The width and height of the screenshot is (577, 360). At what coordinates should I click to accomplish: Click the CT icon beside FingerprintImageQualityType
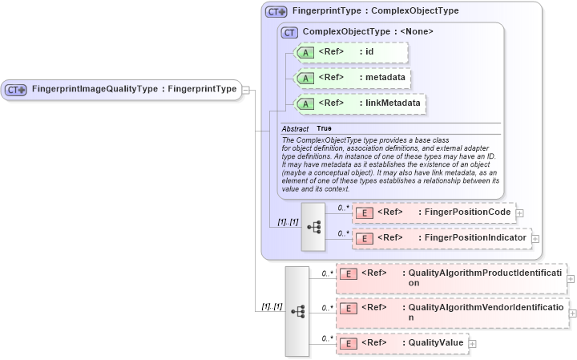click(16, 89)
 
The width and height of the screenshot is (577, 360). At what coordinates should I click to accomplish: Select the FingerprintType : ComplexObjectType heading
click(375, 11)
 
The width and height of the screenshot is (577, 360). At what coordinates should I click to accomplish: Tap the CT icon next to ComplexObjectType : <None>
click(290, 32)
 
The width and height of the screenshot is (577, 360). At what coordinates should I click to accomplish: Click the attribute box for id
click(352, 52)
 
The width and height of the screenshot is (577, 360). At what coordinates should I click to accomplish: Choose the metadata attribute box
click(353, 78)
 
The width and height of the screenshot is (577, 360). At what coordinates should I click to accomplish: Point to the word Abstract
click(295, 128)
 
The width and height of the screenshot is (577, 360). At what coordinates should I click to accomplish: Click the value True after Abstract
click(324, 128)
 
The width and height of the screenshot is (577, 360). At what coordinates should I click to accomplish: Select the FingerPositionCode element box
click(432, 212)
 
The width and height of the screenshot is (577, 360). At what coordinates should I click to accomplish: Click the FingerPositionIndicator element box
click(440, 238)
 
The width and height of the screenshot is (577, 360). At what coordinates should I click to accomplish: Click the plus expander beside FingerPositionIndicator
click(535, 239)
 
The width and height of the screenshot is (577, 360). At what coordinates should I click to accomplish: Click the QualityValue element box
click(401, 343)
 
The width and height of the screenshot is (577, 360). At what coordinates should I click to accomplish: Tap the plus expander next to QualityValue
click(472, 344)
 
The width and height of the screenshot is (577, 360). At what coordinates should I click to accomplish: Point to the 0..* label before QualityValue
click(327, 338)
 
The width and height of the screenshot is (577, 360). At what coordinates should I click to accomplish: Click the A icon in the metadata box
click(305, 78)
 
